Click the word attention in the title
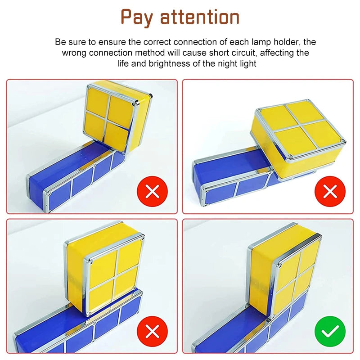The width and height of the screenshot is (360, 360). point(200,17)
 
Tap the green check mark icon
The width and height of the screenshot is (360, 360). point(330,331)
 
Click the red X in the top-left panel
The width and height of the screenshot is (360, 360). point(153,192)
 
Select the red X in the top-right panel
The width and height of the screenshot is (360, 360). point(330,192)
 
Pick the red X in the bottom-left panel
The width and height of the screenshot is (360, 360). point(153,331)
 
